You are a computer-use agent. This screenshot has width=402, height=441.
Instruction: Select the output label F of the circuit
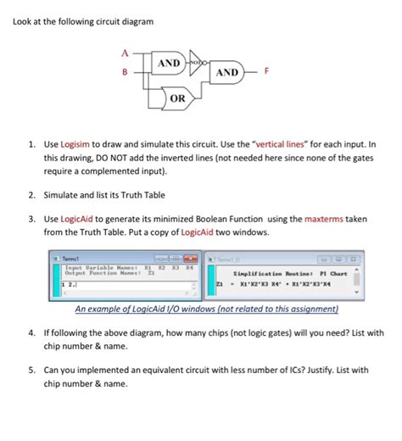[x=267, y=73]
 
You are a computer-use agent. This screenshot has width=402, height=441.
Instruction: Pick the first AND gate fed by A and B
[x=169, y=63]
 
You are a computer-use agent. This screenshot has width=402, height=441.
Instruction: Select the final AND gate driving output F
[x=226, y=73]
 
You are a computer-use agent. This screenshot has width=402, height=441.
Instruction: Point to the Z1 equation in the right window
[x=280, y=287]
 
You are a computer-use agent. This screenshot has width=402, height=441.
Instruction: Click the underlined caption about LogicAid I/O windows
[x=207, y=309]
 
